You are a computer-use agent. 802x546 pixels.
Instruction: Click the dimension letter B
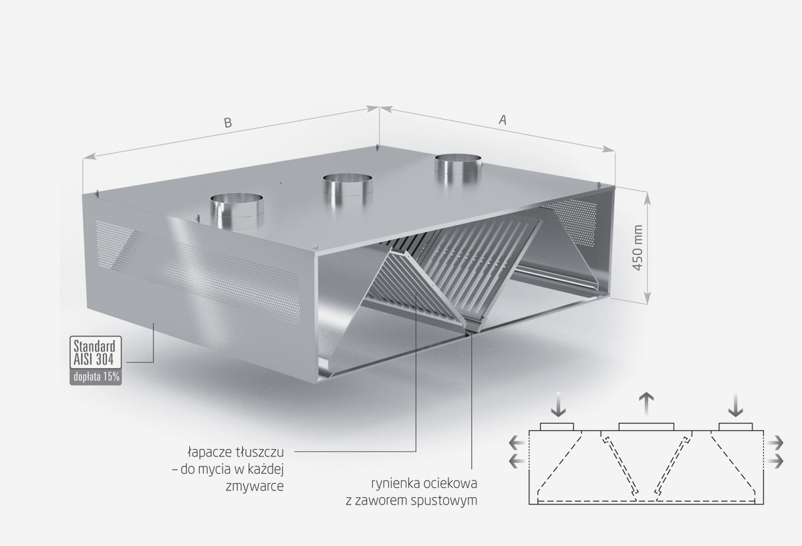(228, 122)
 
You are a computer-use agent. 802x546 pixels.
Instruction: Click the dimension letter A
(503, 120)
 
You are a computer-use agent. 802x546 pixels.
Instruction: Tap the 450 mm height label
(638, 248)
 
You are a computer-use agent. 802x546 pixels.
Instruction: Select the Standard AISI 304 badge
(95, 352)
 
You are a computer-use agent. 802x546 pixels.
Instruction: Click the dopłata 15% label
(96, 377)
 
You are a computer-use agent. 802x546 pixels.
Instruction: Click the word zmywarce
(255, 486)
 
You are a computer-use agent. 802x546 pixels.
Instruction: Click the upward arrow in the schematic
(646, 404)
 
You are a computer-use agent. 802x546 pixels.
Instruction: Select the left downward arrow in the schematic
(558, 405)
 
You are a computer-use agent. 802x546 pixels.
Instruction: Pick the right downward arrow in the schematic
(735, 405)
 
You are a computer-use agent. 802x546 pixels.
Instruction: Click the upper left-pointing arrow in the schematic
(517, 444)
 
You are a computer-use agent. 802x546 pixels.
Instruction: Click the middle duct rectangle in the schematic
(646, 427)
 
